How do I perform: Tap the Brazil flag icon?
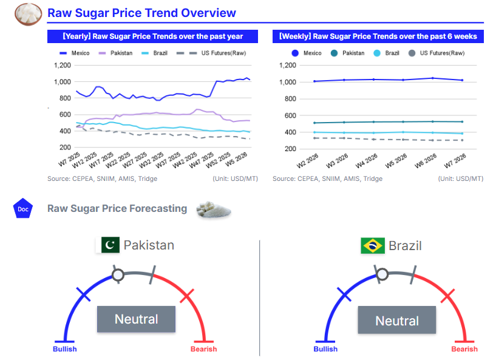[373, 246]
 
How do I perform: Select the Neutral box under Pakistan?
[136, 319]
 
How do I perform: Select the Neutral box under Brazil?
[396, 321]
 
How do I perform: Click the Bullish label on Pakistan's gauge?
[64, 349]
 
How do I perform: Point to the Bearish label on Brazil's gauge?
[464, 349]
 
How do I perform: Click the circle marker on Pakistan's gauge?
[118, 276]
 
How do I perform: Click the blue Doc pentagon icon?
[22, 209]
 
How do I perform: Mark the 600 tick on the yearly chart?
[64, 114]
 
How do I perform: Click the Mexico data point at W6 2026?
[432, 78]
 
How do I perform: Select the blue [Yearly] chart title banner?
[153, 36]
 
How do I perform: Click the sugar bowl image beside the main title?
[28, 12]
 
